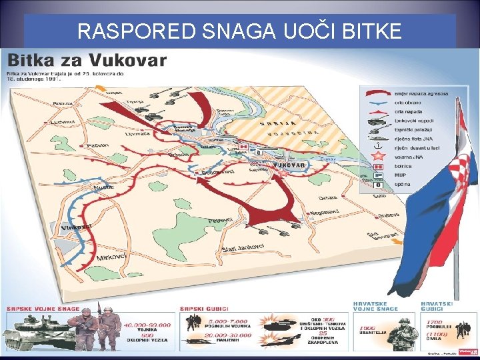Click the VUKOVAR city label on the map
coord(290,165)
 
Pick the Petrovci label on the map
coord(220,220)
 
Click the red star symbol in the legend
coord(379,155)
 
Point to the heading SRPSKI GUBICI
coord(205,309)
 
